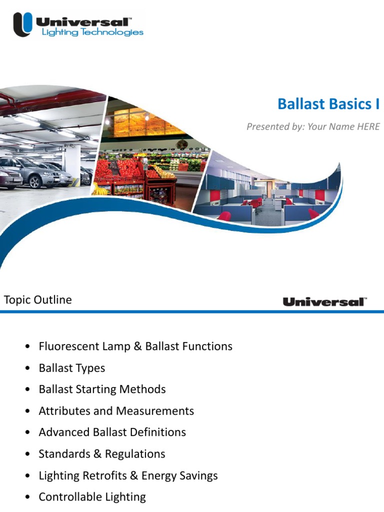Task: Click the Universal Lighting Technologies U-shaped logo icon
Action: pos(22,24)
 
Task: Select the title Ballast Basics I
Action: pos(328,104)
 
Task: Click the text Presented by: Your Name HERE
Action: pos(313,126)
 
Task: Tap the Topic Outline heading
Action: pos(38,300)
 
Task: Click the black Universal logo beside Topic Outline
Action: pos(324,301)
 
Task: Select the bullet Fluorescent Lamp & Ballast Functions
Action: pos(135,346)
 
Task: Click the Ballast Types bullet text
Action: pos(72,368)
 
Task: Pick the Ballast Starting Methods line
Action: pos(102,389)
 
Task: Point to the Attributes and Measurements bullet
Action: pos(116,411)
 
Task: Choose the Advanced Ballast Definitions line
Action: pos(112,432)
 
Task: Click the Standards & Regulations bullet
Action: pos(102,454)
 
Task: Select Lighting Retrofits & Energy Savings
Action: pos(128,475)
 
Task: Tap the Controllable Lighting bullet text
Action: pos(92,497)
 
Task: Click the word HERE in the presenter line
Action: pos(368,126)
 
